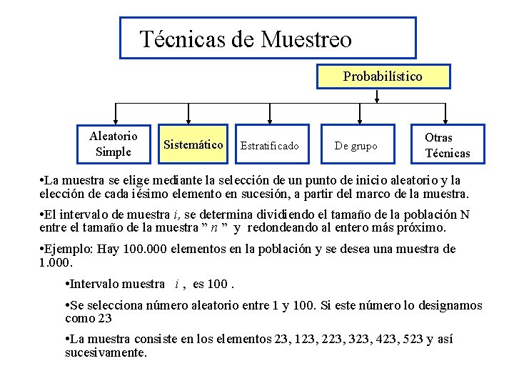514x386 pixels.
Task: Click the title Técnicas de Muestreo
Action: point(246,39)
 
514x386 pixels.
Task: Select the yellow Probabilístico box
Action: point(383,76)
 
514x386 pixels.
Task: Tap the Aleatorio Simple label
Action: point(114,144)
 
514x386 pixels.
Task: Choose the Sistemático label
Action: point(193,144)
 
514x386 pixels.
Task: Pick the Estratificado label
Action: point(270,146)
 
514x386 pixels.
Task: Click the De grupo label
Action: point(356,146)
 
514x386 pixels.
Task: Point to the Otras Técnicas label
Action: point(448,144)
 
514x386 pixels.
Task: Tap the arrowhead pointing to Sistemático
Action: point(188,120)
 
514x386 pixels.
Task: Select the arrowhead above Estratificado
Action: point(269,120)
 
